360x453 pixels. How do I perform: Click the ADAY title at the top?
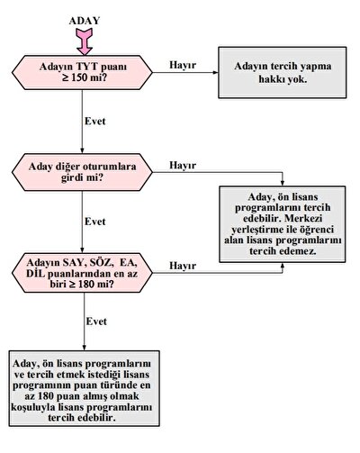tap(85, 21)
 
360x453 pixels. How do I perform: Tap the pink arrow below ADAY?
tap(85, 41)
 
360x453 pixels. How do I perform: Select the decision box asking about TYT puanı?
tap(82, 72)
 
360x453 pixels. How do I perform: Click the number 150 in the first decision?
tap(80, 77)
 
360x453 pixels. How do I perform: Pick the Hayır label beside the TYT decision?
tap(183, 65)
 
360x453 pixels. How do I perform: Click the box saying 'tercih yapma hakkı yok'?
tap(283, 72)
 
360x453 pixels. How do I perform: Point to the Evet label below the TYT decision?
tap(95, 121)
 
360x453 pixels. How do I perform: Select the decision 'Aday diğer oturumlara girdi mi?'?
tap(82, 172)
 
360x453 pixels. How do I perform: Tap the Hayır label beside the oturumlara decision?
tap(183, 165)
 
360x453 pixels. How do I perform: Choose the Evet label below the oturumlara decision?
tap(95, 222)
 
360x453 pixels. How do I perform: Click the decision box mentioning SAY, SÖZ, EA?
tap(82, 273)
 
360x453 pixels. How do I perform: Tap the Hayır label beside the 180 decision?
tap(183, 266)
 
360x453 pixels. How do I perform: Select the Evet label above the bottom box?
tap(96, 322)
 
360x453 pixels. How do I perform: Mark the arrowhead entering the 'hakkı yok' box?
tap(215, 72)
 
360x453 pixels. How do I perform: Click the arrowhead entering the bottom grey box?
tap(84, 348)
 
